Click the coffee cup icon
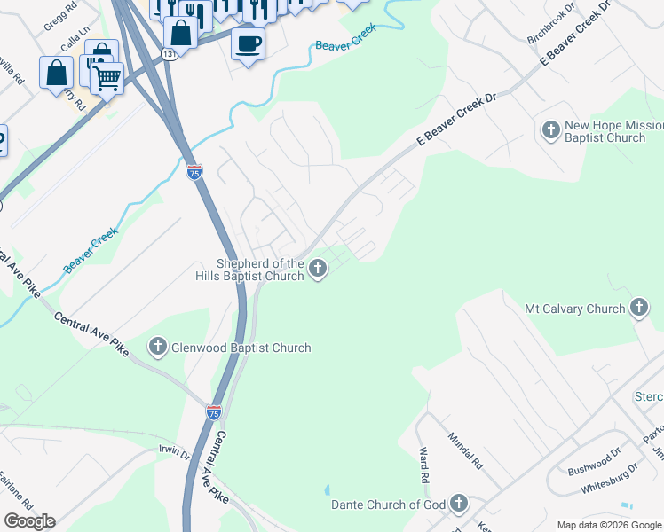(x=249, y=42)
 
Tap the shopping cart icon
(x=107, y=77)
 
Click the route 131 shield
(x=170, y=54)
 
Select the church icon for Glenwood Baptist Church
(x=158, y=348)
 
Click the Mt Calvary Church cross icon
(x=638, y=309)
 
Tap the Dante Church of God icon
(x=458, y=505)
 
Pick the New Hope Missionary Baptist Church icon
(x=550, y=131)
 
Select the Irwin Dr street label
(x=174, y=453)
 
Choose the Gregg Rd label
(x=59, y=17)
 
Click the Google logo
(x=29, y=521)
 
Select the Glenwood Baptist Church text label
(x=241, y=348)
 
